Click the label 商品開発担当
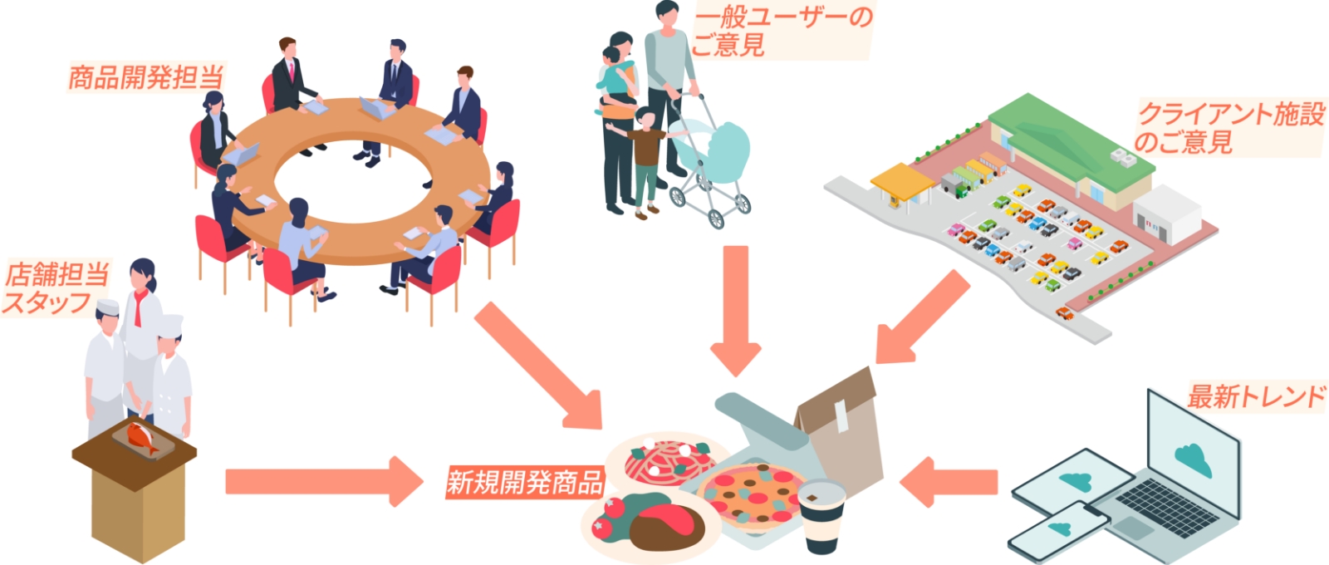[x=145, y=77]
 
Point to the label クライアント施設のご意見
[x=1229, y=127]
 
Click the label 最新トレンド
[x=1255, y=395]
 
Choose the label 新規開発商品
[x=524, y=481]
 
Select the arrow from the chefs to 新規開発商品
[x=324, y=481]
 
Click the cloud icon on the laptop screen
[x=1193, y=457]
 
